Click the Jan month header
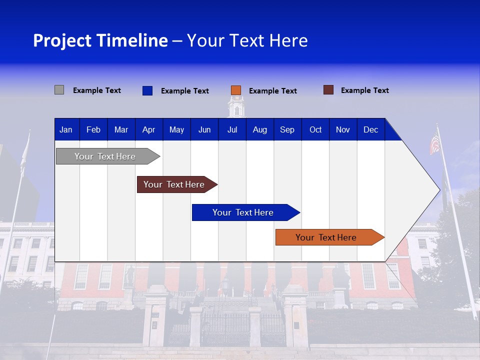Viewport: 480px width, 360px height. coord(66,129)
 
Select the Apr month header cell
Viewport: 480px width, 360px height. coord(148,129)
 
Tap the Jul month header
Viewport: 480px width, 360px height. coord(232,129)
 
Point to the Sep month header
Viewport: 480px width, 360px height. coord(287,129)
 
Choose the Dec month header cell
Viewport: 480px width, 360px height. coord(370,129)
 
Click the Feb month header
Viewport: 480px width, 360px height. coord(93,129)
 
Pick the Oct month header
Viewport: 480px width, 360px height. coord(315,129)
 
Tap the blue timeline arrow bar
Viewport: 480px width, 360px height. coord(243,212)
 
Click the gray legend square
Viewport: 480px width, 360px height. coord(59,90)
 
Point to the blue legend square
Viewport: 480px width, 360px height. coord(147,90)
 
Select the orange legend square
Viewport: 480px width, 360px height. coord(236,90)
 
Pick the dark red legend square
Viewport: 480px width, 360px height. coord(328,90)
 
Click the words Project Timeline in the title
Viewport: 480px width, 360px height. coord(100,40)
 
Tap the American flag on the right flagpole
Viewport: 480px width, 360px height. coord(435,144)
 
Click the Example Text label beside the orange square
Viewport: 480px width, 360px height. coord(272,91)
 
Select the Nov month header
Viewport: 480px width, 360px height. coord(343,129)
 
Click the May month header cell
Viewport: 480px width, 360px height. coord(176,129)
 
